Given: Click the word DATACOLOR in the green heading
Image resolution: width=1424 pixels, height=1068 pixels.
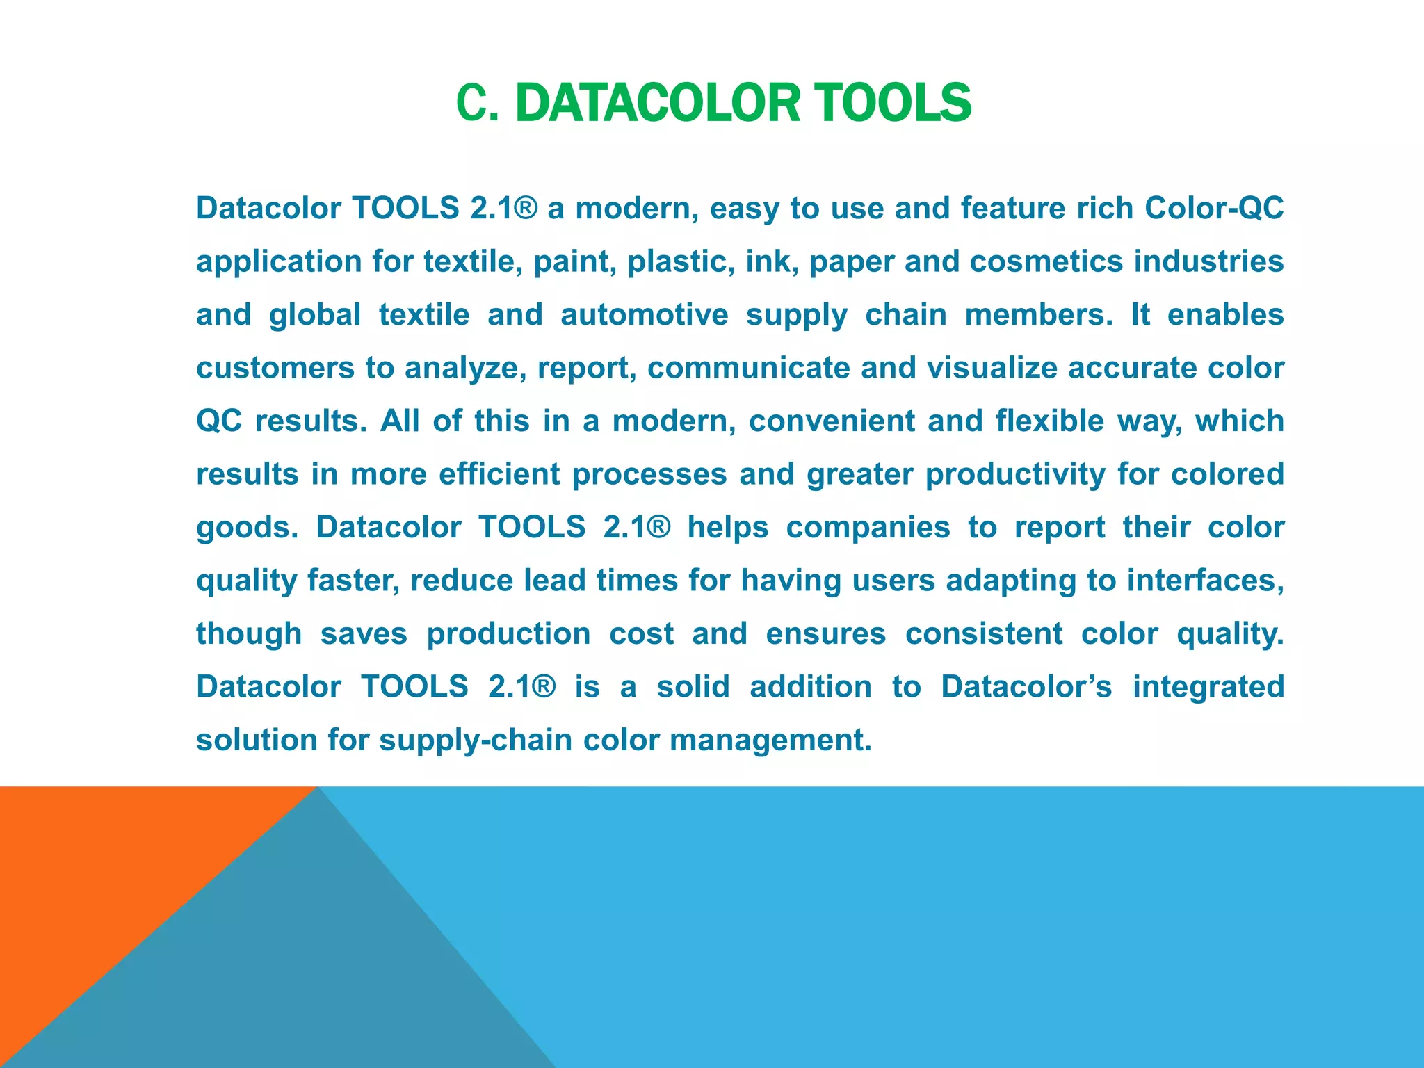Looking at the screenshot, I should tap(658, 103).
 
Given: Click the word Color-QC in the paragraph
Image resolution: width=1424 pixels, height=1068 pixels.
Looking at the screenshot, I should tap(1213, 208).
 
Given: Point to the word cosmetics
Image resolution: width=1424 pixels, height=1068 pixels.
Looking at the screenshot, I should tap(1046, 261).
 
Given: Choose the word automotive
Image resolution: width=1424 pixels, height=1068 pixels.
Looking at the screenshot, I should tap(644, 314).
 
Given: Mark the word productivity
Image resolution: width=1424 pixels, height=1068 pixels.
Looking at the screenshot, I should tap(1015, 474).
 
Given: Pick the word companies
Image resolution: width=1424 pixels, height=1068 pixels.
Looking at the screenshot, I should tap(868, 527).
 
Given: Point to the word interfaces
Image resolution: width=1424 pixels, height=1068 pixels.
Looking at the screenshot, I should tap(1204, 581).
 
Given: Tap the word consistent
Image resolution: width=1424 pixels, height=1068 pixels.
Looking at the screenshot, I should tap(984, 633).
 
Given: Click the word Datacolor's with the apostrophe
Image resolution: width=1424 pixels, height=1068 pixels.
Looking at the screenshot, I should tap(1026, 687).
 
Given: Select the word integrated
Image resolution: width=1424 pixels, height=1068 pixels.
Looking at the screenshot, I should tap(1208, 687).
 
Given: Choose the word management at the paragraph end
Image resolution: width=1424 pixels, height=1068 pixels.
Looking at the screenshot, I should tap(770, 740).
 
